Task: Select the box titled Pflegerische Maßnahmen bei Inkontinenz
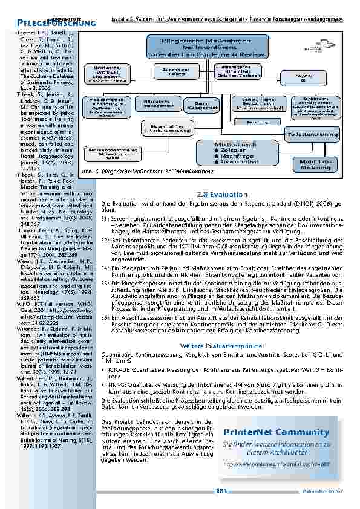pyautogui.click(x=205, y=47)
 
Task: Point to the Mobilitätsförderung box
pyautogui.click(x=328, y=164)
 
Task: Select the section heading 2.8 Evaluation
pyautogui.click(x=223, y=195)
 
